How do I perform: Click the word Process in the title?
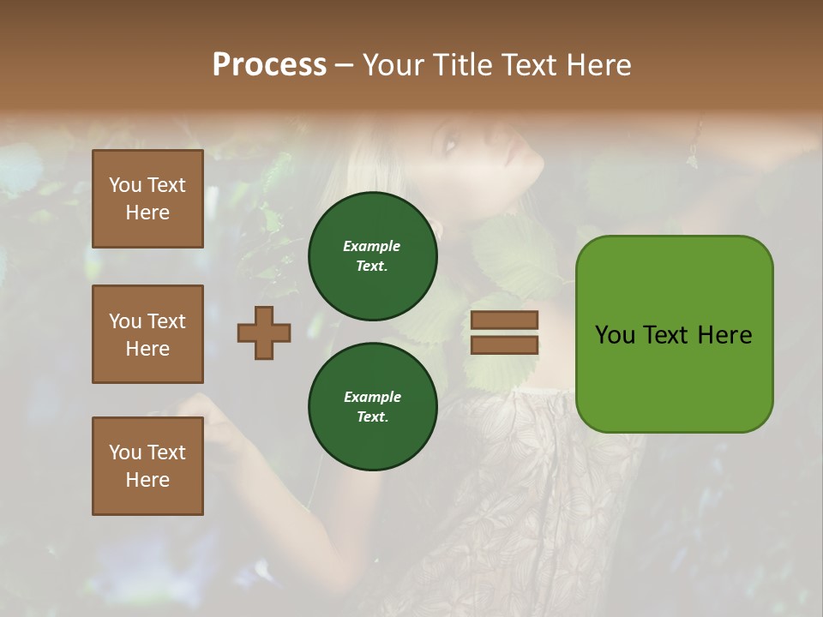269,65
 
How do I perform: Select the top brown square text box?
147,199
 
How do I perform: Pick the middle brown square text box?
147,334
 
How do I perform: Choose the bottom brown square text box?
147,466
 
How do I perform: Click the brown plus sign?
264,332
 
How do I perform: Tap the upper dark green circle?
372,256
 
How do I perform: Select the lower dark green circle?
372,406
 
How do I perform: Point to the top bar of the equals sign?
504,320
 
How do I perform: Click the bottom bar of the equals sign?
504,344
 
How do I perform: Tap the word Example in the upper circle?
371,246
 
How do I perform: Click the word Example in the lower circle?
372,397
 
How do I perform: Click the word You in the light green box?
615,335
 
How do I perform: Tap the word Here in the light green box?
724,335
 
